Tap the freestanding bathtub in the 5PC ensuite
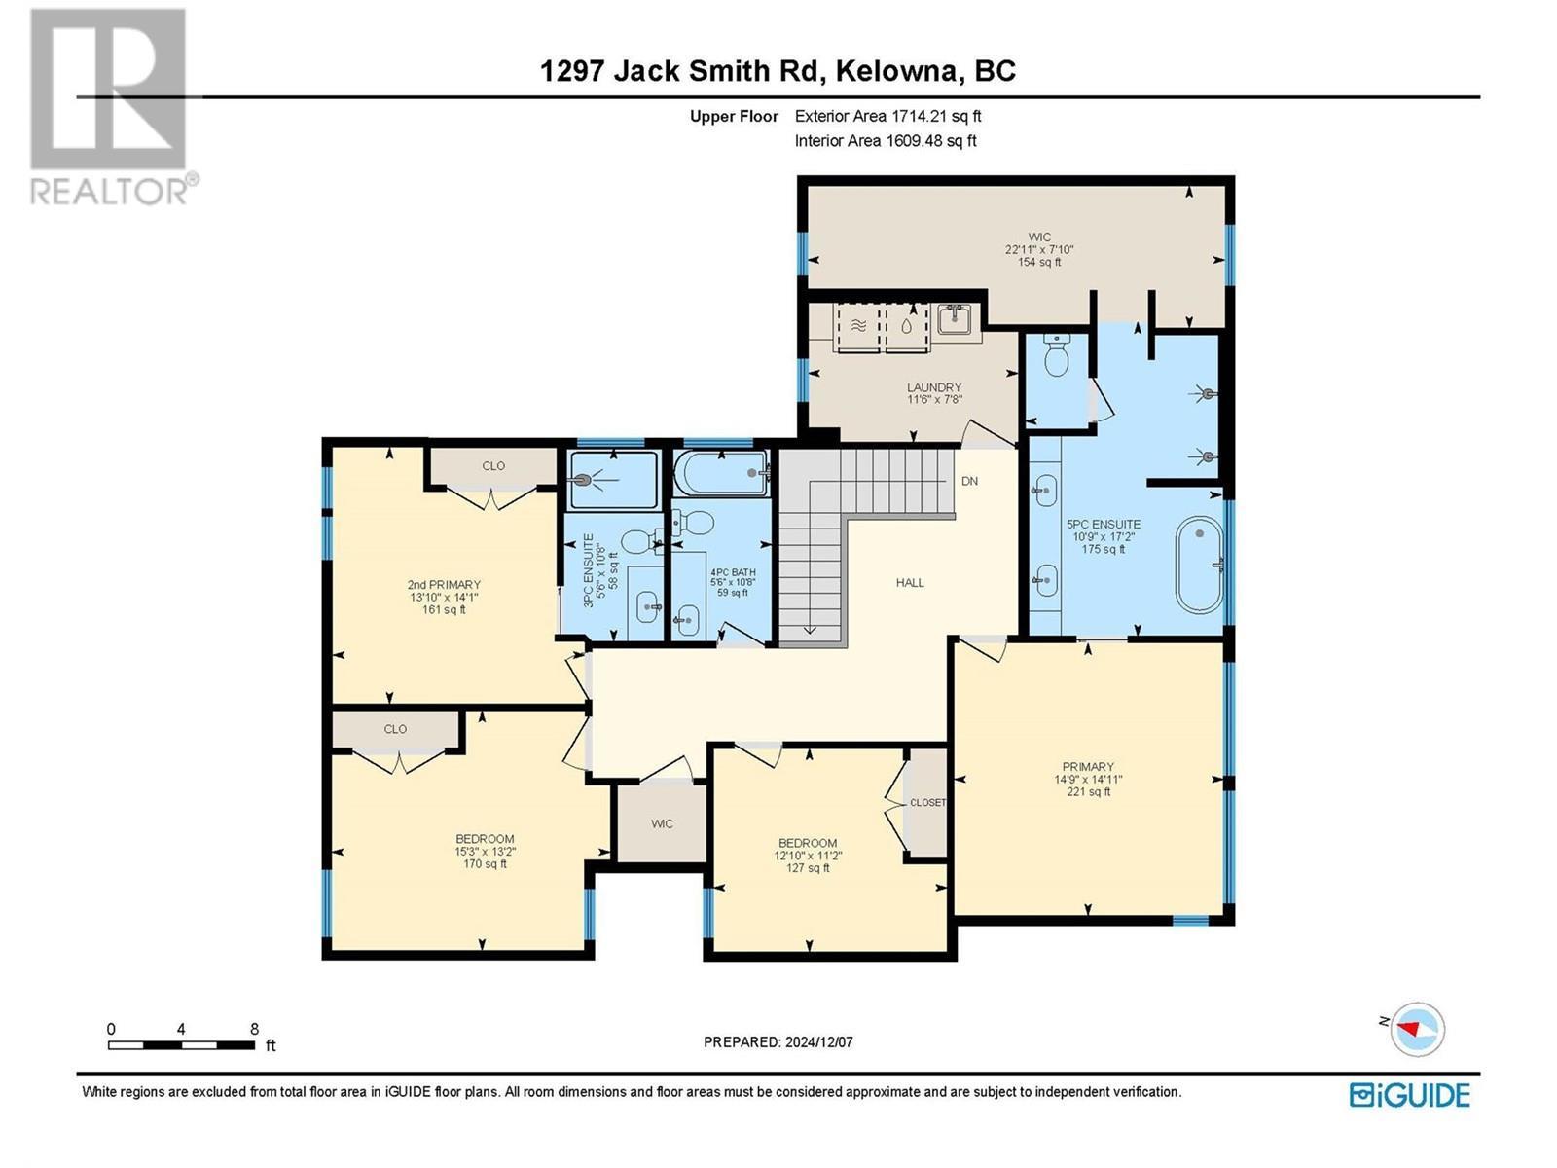pos(1199,565)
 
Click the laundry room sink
pos(955,318)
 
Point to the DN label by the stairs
pos(969,481)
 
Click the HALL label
pos(910,582)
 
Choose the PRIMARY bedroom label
pos(1087,767)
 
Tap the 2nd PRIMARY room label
pos(444,585)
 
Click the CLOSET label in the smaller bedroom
pos(926,803)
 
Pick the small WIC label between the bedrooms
pos(662,823)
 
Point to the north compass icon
pos(1418,1028)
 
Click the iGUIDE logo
pos(1409,1095)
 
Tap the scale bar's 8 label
pos(254,1029)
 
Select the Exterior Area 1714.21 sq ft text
pos(887,116)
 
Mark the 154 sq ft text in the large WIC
pos(1038,262)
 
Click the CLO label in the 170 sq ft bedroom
pos(395,729)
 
